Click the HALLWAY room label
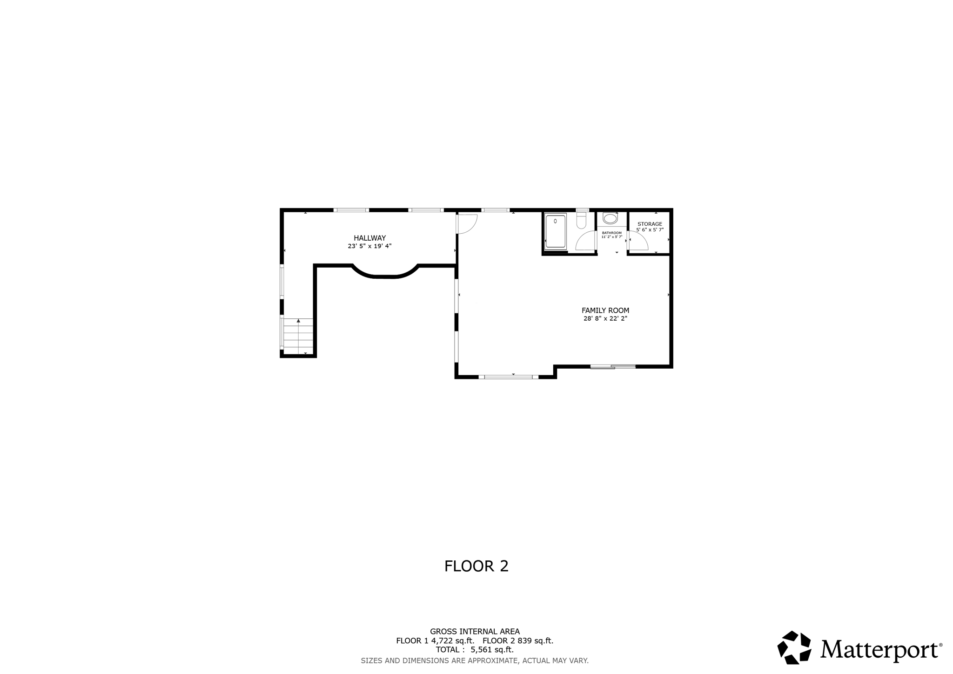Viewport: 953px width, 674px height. tap(369, 238)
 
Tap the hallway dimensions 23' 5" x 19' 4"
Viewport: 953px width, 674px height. tap(369, 246)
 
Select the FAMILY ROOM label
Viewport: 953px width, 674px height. tap(605, 310)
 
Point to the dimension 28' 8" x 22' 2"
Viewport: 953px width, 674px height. tap(605, 319)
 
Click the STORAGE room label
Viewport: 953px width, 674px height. tap(650, 224)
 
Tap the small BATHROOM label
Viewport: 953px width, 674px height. tap(611, 233)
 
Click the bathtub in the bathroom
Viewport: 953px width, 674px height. tap(555, 231)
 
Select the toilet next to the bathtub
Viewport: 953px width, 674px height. tap(581, 221)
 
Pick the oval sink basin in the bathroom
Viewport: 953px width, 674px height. tap(610, 218)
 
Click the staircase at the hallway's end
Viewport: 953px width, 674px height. tap(298, 336)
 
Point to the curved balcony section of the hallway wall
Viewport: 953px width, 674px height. tap(385, 275)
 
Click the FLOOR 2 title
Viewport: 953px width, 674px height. tap(476, 566)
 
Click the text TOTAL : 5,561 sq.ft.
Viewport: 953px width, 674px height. tap(475, 650)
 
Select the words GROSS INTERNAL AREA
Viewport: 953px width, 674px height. tap(475, 632)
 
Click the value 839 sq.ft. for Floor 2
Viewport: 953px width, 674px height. tap(535, 641)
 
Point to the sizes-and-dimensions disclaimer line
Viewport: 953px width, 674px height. tap(475, 661)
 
